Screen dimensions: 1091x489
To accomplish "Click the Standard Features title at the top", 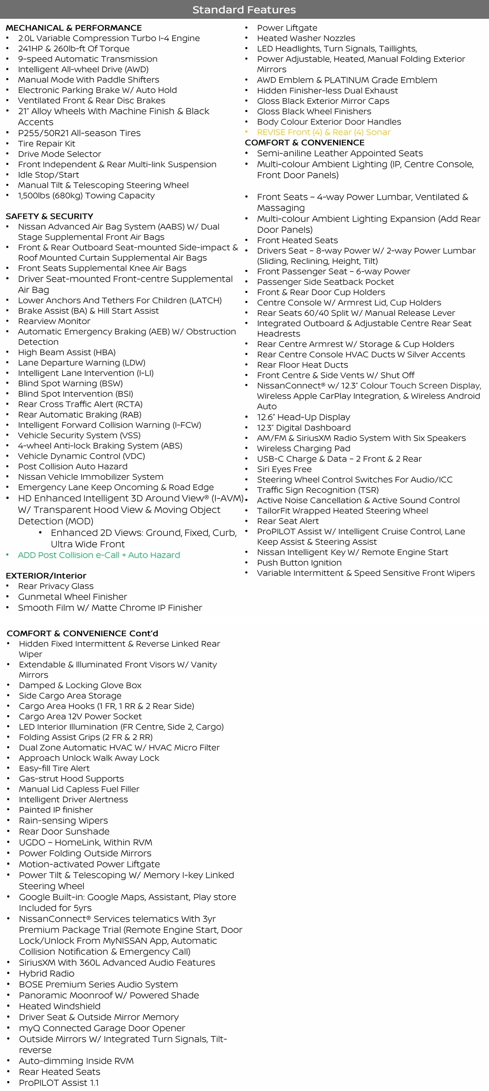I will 244,10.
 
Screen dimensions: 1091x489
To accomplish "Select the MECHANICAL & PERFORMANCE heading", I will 73,28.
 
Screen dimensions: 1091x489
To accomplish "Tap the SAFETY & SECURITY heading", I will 49,216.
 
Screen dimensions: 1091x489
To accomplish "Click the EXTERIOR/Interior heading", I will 46,575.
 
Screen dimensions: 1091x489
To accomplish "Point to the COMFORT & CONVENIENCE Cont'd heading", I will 82,633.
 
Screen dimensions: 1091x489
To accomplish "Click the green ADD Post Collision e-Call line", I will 99,555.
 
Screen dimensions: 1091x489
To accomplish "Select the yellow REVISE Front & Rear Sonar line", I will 323,132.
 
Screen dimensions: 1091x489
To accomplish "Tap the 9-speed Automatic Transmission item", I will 87,59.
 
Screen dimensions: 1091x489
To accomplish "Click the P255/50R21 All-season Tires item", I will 79,133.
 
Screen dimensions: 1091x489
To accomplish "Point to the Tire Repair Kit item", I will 46,144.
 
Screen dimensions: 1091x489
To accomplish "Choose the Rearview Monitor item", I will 54,321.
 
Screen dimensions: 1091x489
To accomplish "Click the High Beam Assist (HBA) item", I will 66,352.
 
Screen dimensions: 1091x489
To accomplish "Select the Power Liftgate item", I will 287,28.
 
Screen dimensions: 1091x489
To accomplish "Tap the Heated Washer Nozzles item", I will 306,38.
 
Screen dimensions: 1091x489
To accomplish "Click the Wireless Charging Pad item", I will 303,448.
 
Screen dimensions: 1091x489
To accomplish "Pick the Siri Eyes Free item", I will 284,469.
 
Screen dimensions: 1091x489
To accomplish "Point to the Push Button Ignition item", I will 299,563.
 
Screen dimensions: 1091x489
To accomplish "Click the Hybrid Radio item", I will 46,973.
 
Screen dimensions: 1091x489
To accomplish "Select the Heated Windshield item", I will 59,1006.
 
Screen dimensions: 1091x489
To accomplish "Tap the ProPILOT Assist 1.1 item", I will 59,1083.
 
